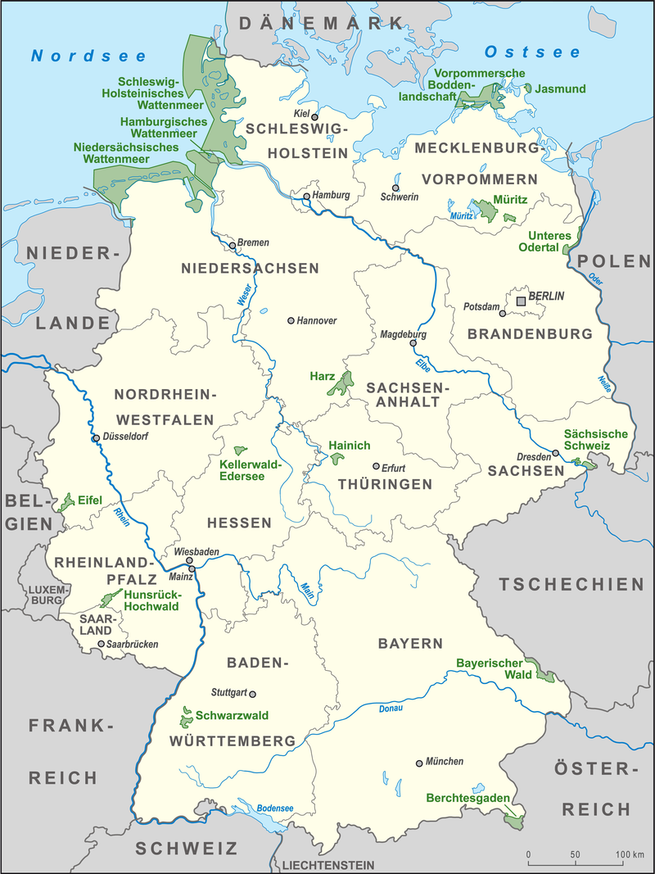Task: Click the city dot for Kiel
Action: (314, 117)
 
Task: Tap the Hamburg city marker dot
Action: (307, 197)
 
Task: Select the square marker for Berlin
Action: (520, 302)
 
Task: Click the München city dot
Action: (419, 763)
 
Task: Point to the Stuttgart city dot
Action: (252, 693)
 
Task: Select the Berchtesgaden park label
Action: (468, 798)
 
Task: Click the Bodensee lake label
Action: (274, 808)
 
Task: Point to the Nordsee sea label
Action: (88, 56)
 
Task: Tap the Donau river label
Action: (391, 708)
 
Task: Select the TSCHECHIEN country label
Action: (573, 584)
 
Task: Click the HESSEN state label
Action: (239, 522)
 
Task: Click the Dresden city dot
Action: (555, 453)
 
